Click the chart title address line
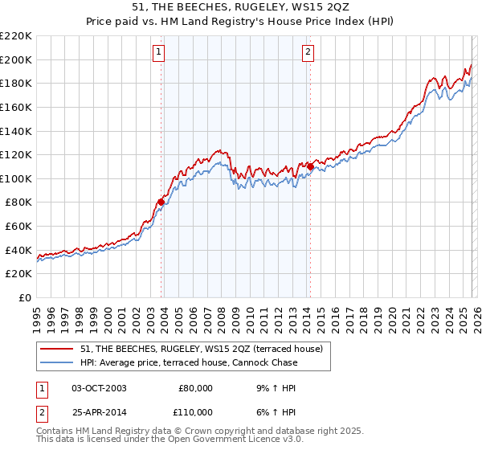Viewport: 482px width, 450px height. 240,7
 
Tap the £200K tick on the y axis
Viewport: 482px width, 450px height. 16,59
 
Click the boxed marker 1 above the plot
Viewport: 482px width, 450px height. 159,53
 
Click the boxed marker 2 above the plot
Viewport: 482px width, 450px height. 308,53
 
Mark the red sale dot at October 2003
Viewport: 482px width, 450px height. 161,202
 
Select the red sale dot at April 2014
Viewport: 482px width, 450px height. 310,166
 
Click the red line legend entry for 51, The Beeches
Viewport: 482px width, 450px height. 201,349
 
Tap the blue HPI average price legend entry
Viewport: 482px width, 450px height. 189,362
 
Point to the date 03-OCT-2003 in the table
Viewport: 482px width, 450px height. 99,387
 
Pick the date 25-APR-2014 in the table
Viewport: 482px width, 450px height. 99,411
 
